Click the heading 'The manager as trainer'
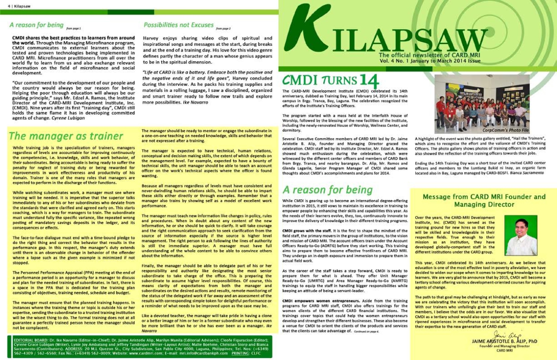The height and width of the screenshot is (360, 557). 66,136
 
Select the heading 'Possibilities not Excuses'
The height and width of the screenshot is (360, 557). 179,25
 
